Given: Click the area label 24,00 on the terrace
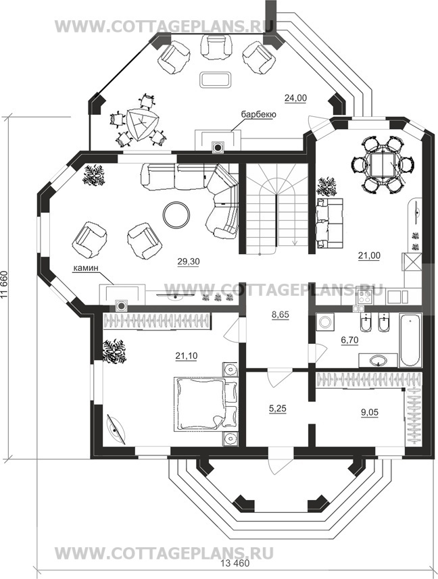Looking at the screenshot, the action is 295,98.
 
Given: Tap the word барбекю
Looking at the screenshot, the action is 258,115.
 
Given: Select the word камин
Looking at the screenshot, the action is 85,269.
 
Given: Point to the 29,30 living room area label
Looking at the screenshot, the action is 188,261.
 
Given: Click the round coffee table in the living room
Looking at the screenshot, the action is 176,215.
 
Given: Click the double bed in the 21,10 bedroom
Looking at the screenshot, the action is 205,404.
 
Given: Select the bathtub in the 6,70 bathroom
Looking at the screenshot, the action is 410,340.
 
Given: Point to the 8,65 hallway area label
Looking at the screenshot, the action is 280,315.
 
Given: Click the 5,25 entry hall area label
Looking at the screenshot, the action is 277,409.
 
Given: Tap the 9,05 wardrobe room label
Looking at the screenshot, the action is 369,412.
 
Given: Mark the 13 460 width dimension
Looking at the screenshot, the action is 235,574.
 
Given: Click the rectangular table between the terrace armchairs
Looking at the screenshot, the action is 216,80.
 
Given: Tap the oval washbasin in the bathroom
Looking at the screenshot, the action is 377,360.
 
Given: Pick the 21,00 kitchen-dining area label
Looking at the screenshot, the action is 369,255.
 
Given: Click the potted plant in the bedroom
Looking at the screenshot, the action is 114,351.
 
